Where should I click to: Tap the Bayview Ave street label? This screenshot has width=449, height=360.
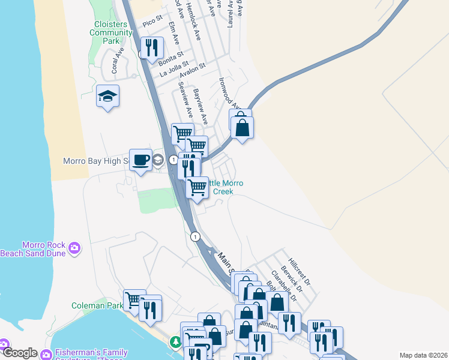[200, 106]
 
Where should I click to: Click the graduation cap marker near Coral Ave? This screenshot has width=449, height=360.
[108, 96]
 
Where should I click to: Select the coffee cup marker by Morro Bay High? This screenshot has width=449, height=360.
[140, 160]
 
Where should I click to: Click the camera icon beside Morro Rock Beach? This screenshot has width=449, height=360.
[75, 248]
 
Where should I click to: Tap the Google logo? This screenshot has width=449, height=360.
[19, 353]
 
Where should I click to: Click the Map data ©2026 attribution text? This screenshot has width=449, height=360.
[423, 355]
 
